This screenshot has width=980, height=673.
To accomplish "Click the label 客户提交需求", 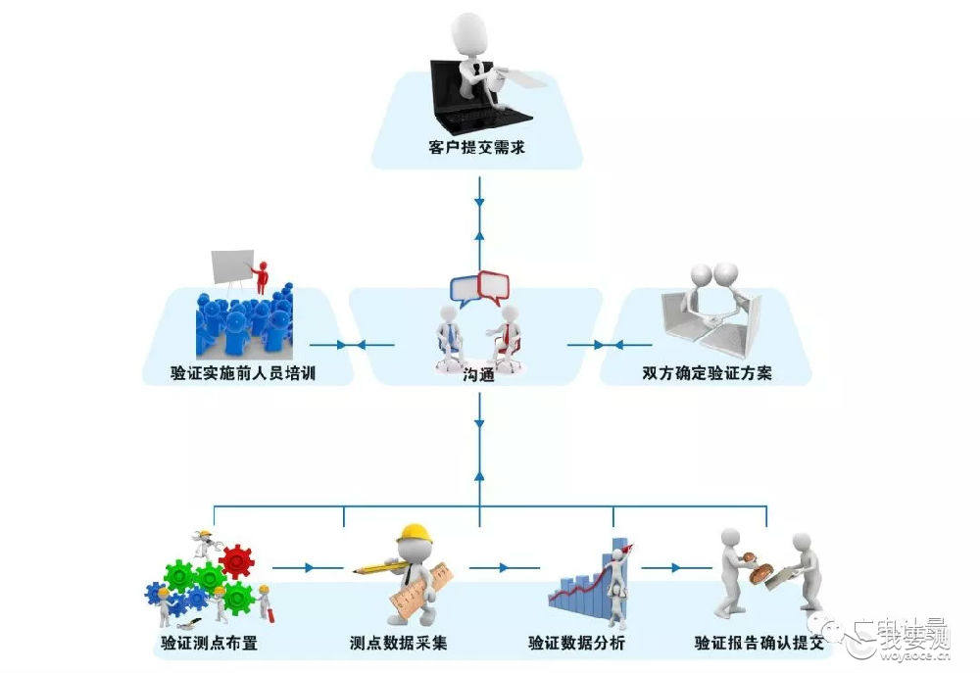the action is click(477, 148).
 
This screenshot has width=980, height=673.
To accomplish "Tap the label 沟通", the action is click(479, 374).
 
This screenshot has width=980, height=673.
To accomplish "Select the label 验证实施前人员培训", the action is click(243, 373).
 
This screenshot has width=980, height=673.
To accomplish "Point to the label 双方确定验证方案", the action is click(707, 373).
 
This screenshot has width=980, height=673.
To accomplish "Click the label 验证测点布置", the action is click(210, 643).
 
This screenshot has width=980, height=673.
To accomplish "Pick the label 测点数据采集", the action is click(399, 643).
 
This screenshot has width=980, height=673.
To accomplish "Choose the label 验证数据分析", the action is click(576, 643).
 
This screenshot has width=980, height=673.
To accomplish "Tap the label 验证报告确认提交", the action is click(759, 643).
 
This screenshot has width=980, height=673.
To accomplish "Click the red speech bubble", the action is click(494, 287).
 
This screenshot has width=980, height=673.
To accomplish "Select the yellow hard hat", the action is click(415, 533).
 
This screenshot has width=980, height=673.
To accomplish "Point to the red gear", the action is click(237, 560).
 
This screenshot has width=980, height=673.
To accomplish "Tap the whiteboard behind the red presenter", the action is click(232, 266).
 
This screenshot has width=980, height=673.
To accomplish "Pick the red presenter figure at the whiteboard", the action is click(261, 277).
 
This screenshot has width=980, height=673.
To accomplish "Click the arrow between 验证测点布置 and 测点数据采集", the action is click(308, 568).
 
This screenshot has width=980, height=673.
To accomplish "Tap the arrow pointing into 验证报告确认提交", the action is click(676, 568).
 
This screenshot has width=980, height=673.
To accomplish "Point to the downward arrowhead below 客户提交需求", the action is click(479, 203).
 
